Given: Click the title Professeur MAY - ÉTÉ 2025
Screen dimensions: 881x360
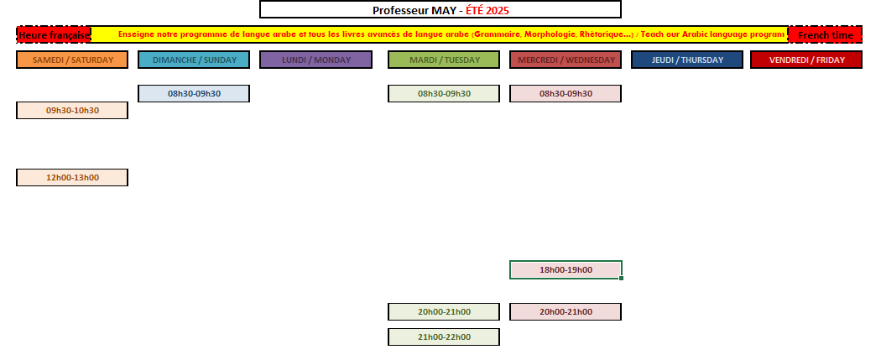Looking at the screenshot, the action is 440,10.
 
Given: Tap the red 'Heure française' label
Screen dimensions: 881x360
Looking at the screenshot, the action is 54,34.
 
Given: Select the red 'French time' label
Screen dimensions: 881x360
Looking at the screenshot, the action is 826,34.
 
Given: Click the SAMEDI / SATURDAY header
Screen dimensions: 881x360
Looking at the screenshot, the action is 72,60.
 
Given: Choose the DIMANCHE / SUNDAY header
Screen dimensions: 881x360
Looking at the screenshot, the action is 194,60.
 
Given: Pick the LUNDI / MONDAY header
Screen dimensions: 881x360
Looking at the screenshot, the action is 315,60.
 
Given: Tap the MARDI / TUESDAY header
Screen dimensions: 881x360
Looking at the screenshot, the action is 444,60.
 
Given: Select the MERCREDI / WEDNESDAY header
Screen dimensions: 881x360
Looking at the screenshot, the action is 566,60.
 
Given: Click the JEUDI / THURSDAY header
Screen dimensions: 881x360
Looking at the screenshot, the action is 687,60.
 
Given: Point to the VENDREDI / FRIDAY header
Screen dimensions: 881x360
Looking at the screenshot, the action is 806,60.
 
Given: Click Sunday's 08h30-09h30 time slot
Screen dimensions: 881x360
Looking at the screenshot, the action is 194,94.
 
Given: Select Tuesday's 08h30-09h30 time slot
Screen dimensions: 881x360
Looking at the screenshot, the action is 444,94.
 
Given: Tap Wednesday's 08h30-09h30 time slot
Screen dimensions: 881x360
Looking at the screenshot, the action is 566,94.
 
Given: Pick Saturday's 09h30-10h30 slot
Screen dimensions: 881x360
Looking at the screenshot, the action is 72,111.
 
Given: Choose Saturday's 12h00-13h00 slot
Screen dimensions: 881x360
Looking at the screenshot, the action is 72,177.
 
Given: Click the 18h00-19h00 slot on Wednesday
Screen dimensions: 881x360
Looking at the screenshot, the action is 566,269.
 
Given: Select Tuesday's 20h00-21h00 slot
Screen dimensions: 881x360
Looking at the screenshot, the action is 444,311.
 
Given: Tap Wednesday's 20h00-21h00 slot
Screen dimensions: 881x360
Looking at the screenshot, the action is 566,311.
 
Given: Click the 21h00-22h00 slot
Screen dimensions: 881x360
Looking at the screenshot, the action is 444,337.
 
